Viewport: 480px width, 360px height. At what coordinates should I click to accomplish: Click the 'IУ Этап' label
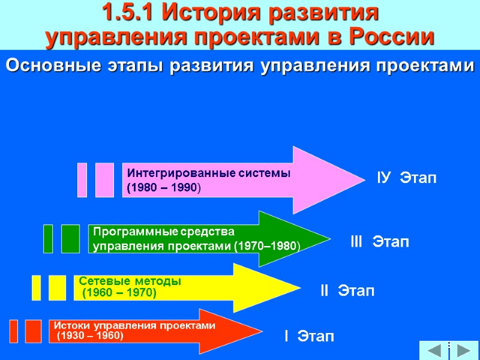(407, 178)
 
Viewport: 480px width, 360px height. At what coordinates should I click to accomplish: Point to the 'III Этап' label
(380, 242)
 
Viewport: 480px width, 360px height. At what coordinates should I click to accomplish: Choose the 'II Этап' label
(347, 292)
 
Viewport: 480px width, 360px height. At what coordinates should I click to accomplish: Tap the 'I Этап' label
(309, 335)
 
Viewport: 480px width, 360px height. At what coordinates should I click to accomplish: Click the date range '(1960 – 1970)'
(119, 293)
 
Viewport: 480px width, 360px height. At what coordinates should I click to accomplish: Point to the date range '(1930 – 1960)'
(89, 336)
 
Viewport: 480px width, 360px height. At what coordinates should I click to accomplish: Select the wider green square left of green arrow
(70, 239)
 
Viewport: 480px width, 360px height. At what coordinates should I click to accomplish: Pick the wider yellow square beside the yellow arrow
(58, 287)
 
